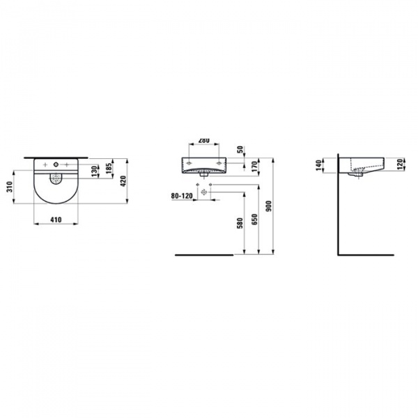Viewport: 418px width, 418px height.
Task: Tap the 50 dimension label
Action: [x=241, y=150]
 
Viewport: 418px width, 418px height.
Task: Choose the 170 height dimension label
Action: [x=254, y=167]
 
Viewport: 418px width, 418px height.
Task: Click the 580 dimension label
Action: [x=240, y=224]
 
